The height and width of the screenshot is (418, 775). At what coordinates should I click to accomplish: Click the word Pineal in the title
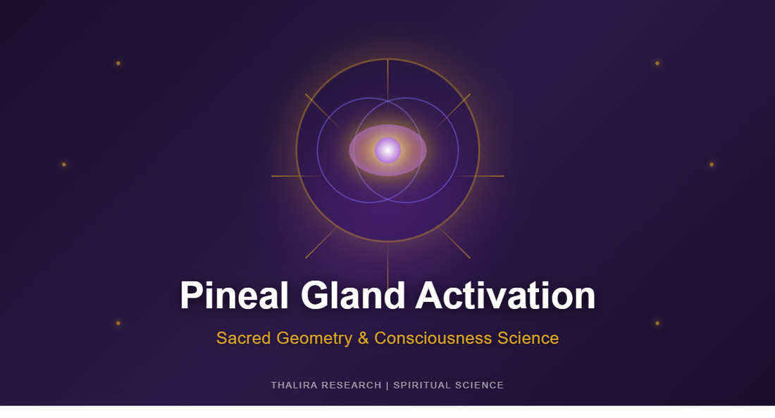(x=234, y=296)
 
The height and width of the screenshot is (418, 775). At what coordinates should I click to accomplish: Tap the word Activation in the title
(x=505, y=296)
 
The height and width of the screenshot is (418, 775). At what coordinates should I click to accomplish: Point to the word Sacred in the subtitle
(x=244, y=338)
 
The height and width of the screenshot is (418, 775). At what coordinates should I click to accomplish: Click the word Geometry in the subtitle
(x=314, y=338)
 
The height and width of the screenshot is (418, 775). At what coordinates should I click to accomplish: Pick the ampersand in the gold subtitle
(x=364, y=338)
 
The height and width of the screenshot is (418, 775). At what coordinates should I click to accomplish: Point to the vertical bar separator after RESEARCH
(x=387, y=386)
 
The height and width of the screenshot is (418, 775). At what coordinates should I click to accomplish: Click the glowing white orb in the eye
(x=387, y=150)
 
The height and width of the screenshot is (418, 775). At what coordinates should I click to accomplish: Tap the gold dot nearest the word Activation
(x=657, y=323)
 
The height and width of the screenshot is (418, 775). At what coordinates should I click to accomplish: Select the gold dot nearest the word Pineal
(x=118, y=323)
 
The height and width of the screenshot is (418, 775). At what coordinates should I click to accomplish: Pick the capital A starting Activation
(x=429, y=296)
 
